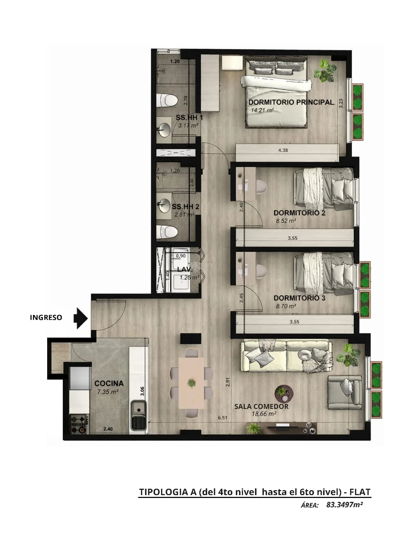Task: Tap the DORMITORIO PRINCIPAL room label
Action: pos(291,102)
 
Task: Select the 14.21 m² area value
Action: pos(262,110)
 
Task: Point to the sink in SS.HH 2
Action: pos(164,206)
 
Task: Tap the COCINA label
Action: pos(109,383)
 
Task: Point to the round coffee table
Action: pos(284,394)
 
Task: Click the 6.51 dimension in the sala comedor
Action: pos(223,418)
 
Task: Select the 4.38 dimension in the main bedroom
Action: pos(283,150)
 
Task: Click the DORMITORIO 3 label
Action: pos(299,298)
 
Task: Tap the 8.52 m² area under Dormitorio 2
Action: pos(286,221)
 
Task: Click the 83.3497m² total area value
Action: pos(344,505)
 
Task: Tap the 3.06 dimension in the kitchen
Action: pos(142,391)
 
